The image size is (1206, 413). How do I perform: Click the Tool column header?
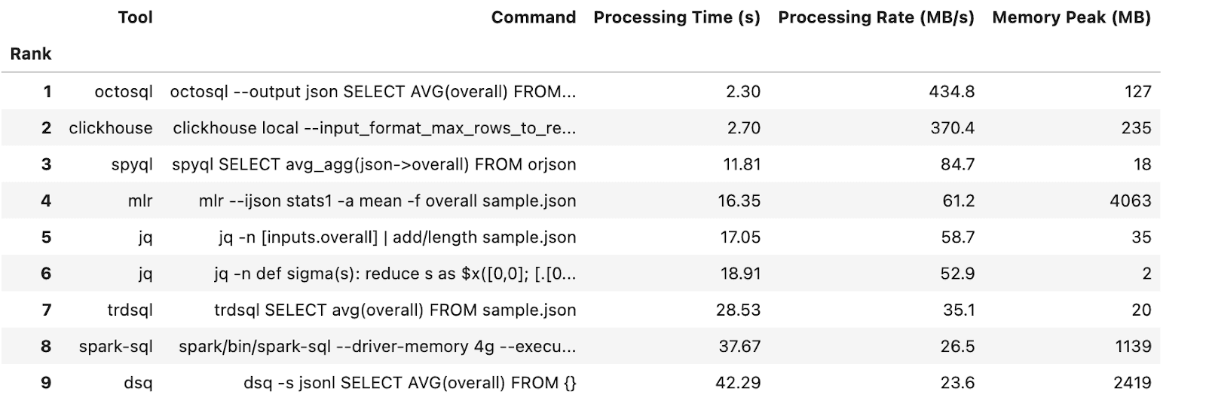[135, 17]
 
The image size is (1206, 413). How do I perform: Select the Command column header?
[534, 17]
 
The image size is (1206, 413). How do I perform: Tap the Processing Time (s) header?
[677, 17]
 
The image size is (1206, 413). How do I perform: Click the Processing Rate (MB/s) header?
[876, 17]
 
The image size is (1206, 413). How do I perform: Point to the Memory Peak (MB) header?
[1071, 17]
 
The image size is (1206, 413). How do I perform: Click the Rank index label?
[31, 54]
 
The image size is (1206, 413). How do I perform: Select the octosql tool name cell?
[124, 92]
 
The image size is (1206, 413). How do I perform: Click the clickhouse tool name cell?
[111, 128]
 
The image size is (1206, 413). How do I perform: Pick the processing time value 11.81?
[742, 164]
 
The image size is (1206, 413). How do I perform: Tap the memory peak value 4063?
[1130, 200]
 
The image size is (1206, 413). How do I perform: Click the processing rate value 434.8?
[951, 92]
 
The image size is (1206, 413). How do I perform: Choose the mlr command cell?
[387, 200]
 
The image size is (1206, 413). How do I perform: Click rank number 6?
[46, 274]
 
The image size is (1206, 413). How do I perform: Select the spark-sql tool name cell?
[116, 346]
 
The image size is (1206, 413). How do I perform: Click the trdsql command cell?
[395, 311]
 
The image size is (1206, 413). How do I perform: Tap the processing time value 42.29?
[738, 383]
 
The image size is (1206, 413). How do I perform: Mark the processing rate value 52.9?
[957, 274]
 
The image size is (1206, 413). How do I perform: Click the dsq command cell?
[410, 383]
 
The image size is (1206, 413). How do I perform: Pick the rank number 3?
[46, 164]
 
